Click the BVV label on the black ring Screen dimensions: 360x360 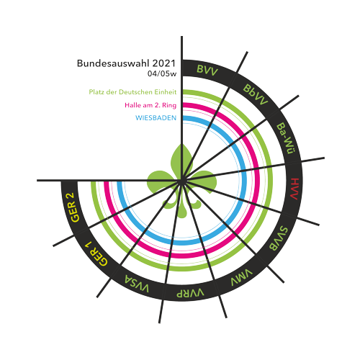tap(207, 71)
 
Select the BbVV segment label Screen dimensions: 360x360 tap(255, 94)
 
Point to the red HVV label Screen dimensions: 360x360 tap(294, 189)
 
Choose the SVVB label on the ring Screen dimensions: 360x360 tap(278, 238)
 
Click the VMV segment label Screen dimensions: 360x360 tap(242, 278)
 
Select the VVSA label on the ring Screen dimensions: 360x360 tap(137, 284)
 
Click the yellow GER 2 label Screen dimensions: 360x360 tap(75, 207)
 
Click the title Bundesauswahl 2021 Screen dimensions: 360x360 tap(126, 63)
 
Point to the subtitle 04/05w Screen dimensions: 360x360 tap(162, 73)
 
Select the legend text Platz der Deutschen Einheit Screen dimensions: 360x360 tap(132, 92)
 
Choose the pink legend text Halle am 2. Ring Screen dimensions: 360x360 tap(150, 105)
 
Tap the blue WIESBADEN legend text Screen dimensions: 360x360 tap(156, 118)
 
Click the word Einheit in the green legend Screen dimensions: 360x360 tap(166, 92)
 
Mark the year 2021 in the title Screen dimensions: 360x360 tap(164, 63)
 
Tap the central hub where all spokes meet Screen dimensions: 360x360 tap(182, 180)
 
